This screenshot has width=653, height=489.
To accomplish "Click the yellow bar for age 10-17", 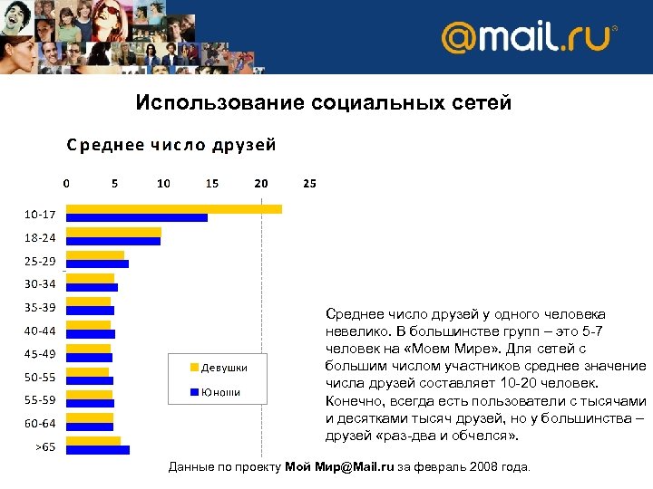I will [x=173, y=209].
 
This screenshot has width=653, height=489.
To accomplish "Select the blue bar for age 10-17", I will [x=136, y=217].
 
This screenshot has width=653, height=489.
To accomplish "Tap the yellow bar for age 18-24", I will [x=113, y=232].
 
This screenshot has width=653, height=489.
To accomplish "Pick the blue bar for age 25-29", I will [x=97, y=264].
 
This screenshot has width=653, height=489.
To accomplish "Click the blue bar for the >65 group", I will [x=98, y=449].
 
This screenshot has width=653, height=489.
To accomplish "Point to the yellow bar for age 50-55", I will [x=87, y=371].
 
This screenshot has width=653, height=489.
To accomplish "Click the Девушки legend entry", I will [x=217, y=368].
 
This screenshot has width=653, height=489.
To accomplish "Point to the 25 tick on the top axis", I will [x=309, y=183].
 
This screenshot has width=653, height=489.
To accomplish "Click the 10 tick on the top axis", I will [x=163, y=183].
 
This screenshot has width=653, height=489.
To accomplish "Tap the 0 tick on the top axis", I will [x=66, y=183].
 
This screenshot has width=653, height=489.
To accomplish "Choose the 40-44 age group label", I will [x=40, y=331].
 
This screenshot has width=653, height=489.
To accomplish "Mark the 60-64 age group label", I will [x=40, y=423].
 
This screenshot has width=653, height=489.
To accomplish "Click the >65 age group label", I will [x=45, y=446].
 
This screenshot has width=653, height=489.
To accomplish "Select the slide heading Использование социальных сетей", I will [x=324, y=103].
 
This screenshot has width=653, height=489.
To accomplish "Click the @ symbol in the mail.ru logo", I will [x=462, y=39].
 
